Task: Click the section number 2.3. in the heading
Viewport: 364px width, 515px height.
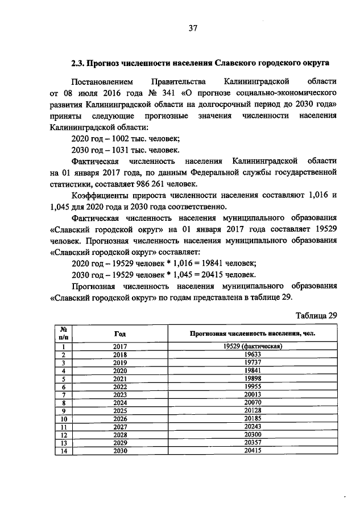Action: click(x=77, y=62)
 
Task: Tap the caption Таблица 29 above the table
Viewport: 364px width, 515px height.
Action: click(x=317, y=315)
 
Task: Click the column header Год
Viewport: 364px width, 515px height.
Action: click(x=119, y=333)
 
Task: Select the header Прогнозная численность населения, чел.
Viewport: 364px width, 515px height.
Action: click(x=253, y=333)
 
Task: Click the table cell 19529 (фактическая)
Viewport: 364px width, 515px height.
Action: click(x=253, y=346)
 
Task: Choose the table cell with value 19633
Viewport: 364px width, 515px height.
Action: click(x=253, y=354)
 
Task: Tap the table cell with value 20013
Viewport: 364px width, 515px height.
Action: click(x=253, y=394)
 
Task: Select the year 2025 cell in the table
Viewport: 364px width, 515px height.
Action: click(x=119, y=410)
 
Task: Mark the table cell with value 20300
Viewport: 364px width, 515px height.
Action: click(x=253, y=434)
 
